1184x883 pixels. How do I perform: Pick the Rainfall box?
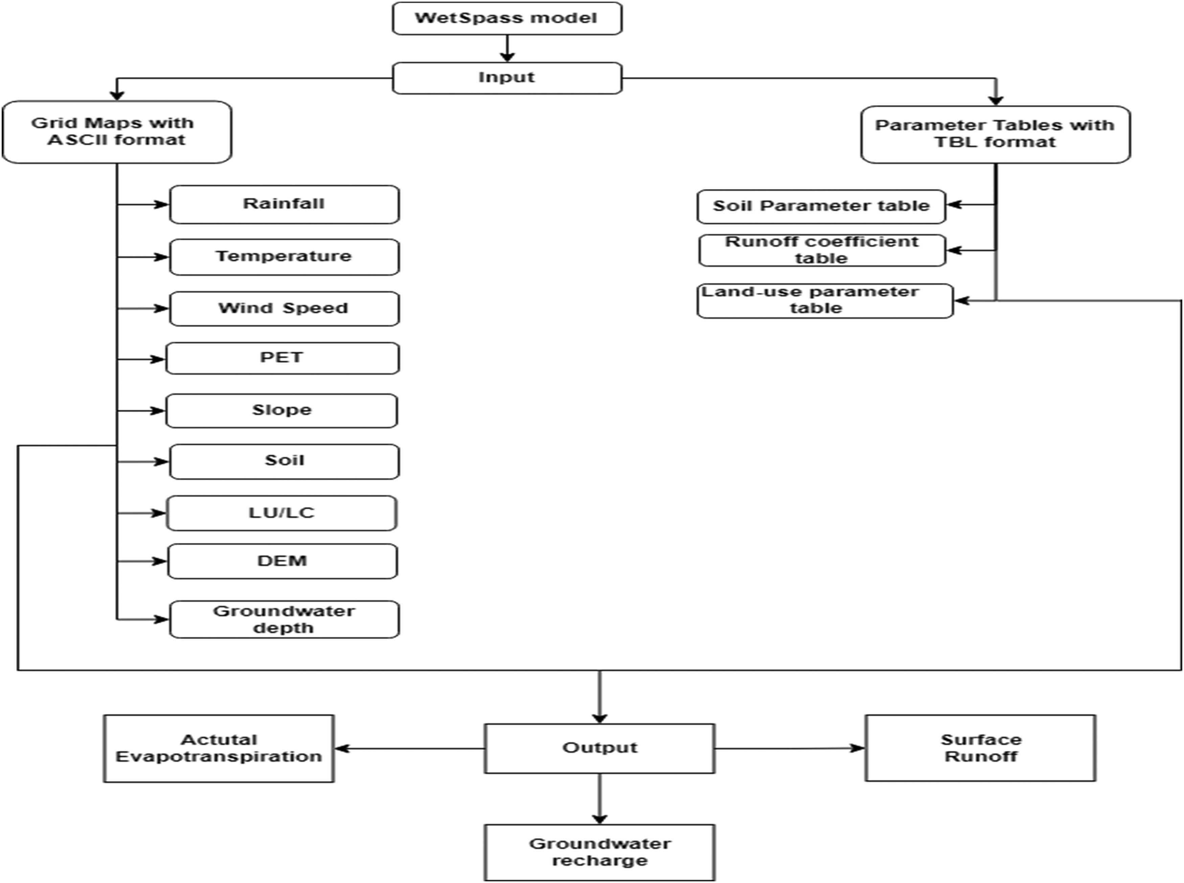284,204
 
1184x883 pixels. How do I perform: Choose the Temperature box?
284,257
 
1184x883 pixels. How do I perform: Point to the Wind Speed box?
284,308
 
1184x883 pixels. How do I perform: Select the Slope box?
282,410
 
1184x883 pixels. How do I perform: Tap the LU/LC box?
282,513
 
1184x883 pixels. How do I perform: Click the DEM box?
282,561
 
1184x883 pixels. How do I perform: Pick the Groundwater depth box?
284,620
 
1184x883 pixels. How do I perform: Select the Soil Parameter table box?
821,206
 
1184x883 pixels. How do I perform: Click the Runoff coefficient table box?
822,250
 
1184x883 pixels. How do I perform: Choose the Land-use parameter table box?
825,301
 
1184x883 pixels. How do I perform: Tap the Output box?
599,748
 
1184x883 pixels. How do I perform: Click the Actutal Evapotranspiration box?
219,748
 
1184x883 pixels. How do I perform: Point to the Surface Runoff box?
980,748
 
